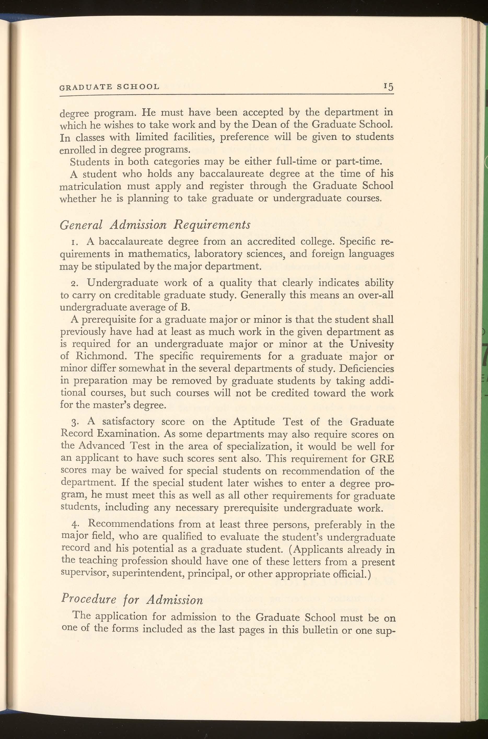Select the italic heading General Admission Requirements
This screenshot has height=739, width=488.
point(155,225)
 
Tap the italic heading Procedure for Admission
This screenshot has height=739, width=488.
point(132,599)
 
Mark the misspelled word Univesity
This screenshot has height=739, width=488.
point(371,344)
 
